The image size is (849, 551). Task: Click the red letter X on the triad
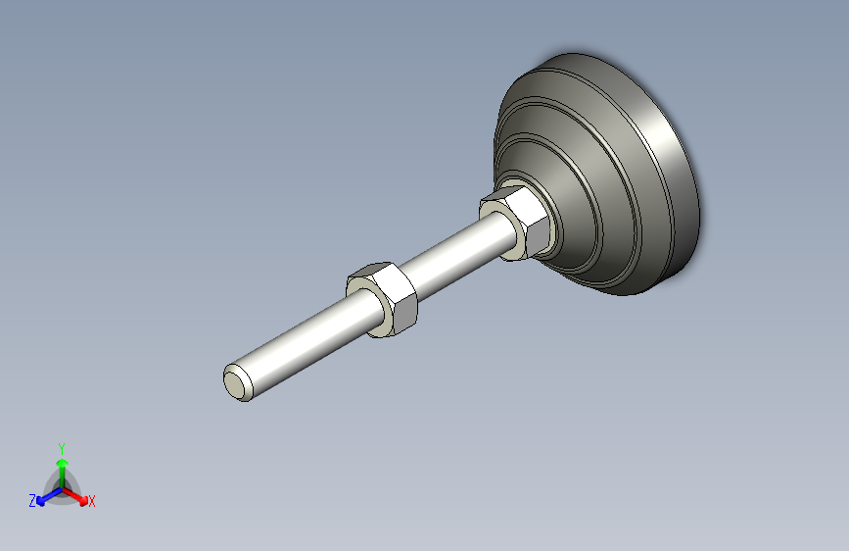click(x=92, y=501)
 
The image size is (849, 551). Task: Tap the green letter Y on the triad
click(x=61, y=446)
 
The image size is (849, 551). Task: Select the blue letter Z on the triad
click(x=32, y=500)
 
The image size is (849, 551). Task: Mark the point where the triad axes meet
click(x=62, y=487)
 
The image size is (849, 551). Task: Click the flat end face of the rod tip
click(x=235, y=383)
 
